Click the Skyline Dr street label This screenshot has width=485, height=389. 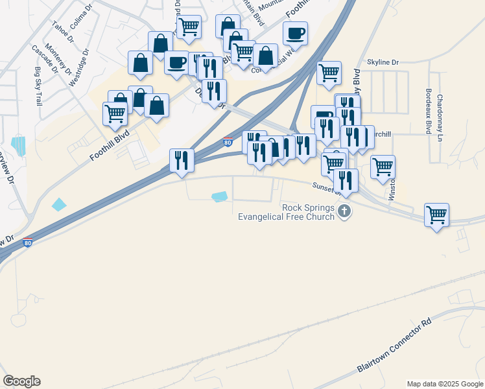pyautogui.click(x=383, y=62)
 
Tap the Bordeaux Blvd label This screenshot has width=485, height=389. pyautogui.click(x=429, y=112)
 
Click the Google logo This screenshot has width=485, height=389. pyautogui.click(x=21, y=381)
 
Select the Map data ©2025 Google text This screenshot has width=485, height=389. pyautogui.click(x=444, y=384)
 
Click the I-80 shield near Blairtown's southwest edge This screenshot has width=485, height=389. pyautogui.click(x=27, y=243)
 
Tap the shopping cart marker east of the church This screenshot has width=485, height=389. pyautogui.click(x=436, y=214)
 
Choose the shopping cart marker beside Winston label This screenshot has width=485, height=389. pyautogui.click(x=383, y=166)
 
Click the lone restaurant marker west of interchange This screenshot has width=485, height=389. pyautogui.click(x=182, y=159)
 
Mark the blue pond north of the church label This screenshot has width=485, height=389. pyautogui.click(x=220, y=196)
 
